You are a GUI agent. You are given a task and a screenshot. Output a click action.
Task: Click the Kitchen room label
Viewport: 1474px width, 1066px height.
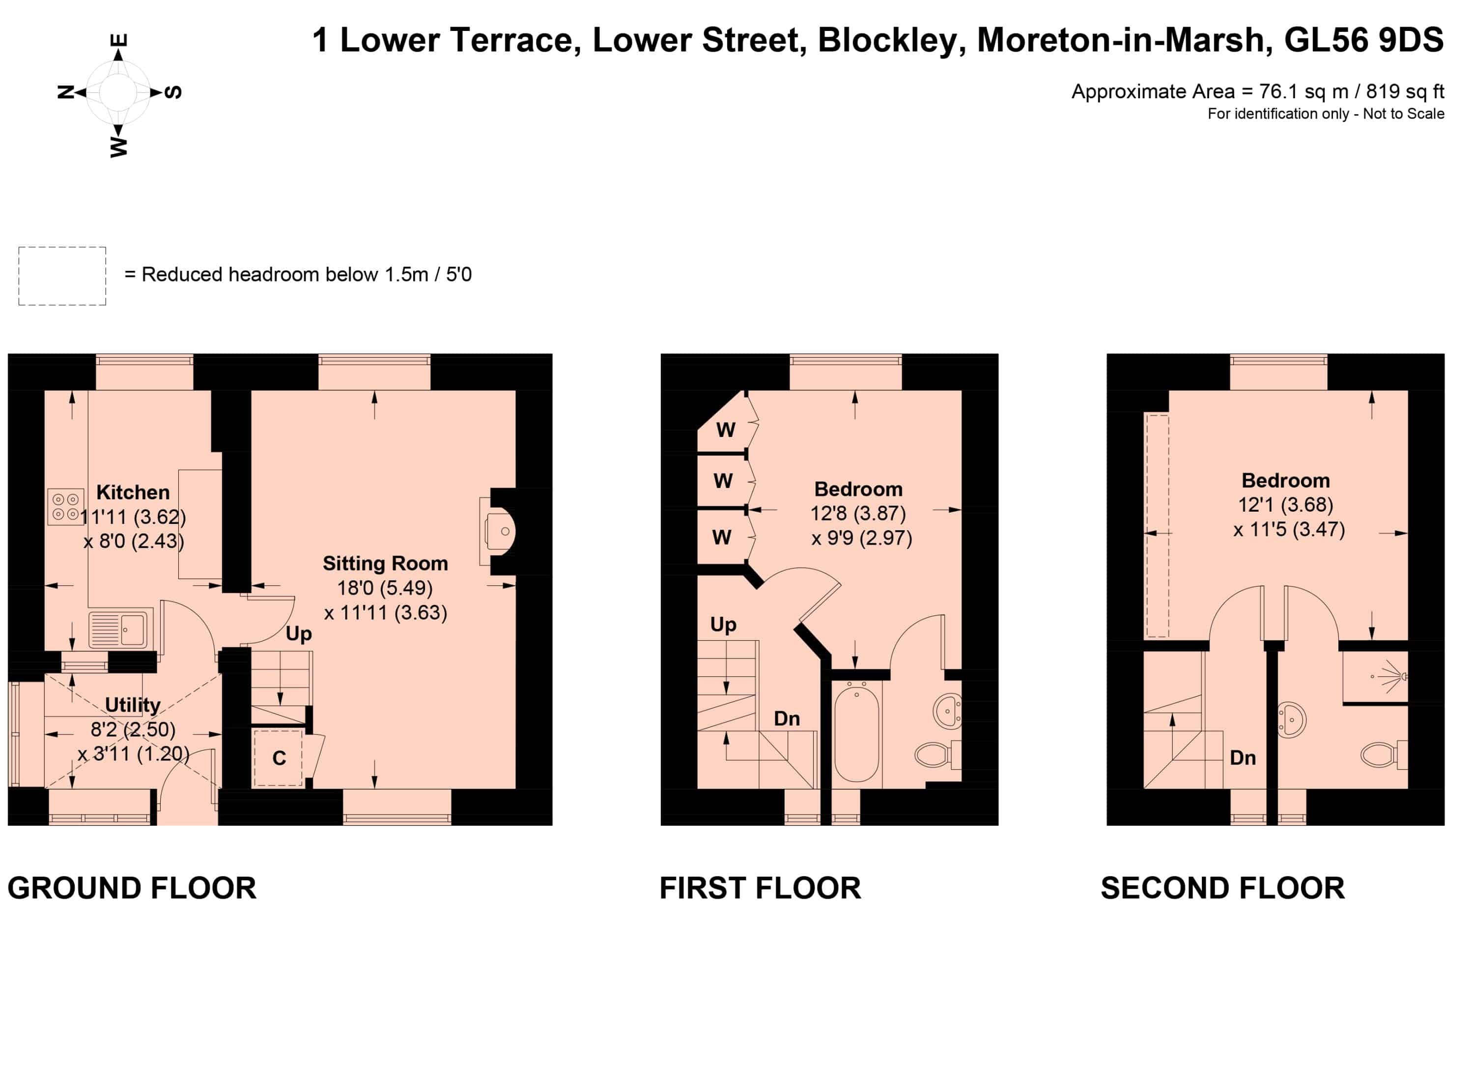(x=133, y=492)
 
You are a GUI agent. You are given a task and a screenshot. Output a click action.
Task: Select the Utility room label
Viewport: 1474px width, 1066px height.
(x=133, y=705)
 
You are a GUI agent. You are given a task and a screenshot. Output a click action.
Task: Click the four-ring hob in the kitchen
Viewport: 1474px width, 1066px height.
(x=66, y=506)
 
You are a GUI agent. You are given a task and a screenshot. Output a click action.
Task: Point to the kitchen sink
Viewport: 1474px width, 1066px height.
(x=118, y=629)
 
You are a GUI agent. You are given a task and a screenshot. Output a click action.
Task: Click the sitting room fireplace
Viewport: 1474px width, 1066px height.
(x=499, y=532)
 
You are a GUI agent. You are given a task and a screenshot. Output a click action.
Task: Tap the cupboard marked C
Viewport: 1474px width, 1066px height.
(x=278, y=758)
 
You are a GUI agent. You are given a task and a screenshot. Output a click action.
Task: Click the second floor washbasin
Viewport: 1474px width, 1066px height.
(x=1291, y=720)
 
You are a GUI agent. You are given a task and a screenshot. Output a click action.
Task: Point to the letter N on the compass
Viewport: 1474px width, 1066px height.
(x=66, y=91)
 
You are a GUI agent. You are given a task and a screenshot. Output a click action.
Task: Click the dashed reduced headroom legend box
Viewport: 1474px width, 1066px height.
(x=62, y=276)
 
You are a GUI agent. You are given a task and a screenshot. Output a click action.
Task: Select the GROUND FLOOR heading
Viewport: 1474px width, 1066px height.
(x=132, y=888)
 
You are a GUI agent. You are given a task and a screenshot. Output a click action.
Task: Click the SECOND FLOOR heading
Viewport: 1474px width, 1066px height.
(x=1222, y=888)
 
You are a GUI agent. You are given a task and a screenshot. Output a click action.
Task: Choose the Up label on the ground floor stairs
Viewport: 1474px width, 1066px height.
(x=299, y=634)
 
